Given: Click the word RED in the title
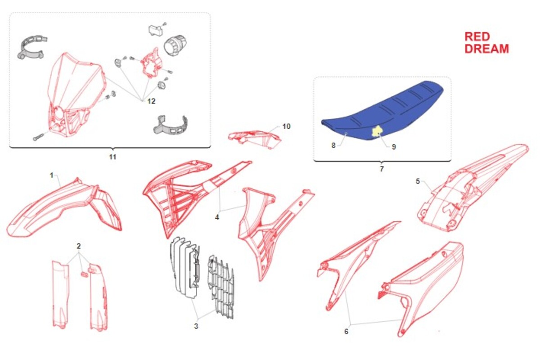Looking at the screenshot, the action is coord(477,36).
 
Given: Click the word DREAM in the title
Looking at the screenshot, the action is coord(487,49).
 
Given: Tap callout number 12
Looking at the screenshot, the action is coord(151,101).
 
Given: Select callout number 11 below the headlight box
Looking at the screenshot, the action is coord(112,157).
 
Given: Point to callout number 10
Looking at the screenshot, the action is coord(286,126).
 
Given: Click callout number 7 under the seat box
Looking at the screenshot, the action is coord(382,169).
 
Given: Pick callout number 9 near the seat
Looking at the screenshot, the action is coord(394,147).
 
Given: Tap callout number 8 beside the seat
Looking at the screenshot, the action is coord(333,145).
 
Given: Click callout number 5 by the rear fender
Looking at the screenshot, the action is coord(418,181).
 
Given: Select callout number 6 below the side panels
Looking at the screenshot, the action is coord(346,332).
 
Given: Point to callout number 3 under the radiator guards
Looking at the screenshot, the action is coord(196,326).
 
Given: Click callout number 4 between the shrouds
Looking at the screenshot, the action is coord(217,217).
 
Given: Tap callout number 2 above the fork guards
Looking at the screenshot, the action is coord(79,246).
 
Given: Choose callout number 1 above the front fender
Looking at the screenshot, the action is coord(51,175).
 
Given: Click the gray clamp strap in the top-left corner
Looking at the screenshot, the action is coord(32,48).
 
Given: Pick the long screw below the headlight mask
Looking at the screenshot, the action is coord(39,137).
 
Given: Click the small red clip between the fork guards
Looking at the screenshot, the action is coord(84,274).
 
